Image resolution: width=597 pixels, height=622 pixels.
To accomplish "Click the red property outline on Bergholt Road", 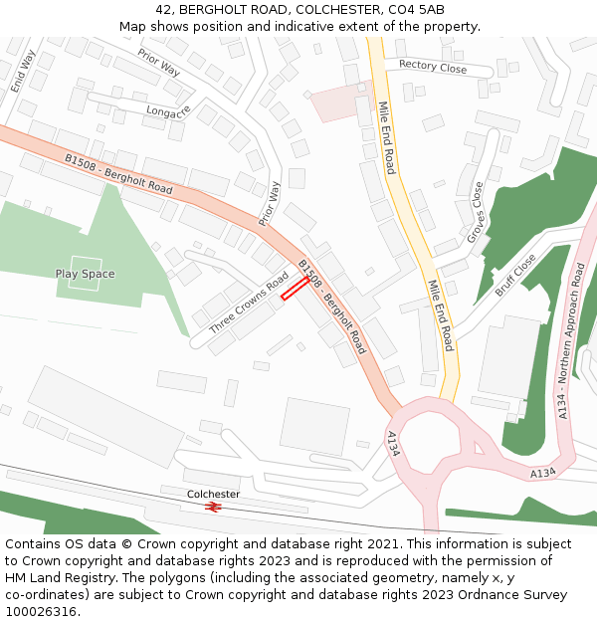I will [295, 288].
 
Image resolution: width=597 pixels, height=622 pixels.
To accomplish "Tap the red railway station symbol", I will [213, 507].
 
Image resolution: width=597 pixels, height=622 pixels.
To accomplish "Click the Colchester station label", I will [213, 494].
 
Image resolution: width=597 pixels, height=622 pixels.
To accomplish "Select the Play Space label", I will [85, 274].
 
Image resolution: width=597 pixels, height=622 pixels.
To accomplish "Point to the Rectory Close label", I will [432, 67].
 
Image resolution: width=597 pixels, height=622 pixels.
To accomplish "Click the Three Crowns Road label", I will [249, 303].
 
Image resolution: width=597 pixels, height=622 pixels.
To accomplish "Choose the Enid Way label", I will [22, 72].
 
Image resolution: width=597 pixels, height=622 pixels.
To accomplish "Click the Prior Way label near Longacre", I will [159, 63].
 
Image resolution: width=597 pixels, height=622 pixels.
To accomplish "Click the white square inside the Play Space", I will [85, 274].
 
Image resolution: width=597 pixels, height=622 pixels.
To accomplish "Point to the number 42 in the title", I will [163, 10].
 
